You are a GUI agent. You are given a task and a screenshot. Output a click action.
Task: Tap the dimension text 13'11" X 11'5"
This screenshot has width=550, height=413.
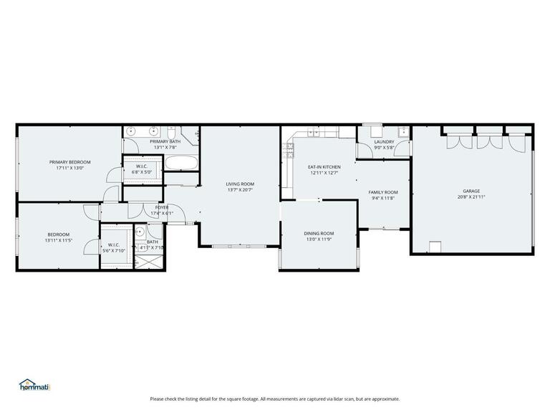coord(59,240)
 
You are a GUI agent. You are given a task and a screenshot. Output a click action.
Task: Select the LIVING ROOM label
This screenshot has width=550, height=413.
coord(240,184)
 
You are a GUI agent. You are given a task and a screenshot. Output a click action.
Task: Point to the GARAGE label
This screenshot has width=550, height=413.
coord(471,191)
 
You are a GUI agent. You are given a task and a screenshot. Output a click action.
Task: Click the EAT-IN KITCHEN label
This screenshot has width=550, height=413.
coord(324,167)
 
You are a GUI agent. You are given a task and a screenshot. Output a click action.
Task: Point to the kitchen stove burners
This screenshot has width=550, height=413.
coord(289,148)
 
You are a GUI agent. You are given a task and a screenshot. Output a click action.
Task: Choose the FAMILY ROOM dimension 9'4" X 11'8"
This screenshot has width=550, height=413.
coord(383,198)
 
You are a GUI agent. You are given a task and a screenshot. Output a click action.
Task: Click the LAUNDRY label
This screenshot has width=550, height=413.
coord(385,142)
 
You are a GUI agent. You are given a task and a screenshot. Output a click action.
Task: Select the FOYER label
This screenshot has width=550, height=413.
coord(162,207)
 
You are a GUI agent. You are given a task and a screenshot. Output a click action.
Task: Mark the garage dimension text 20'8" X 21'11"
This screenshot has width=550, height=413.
coord(471,196)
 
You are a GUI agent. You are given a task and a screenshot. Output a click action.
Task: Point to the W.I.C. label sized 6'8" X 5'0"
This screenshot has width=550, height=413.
coord(142,166)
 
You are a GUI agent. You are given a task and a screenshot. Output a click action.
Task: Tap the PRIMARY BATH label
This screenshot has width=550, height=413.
coord(165,141)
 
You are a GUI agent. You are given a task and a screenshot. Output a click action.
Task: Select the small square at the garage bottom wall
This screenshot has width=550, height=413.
coord(434,246)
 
